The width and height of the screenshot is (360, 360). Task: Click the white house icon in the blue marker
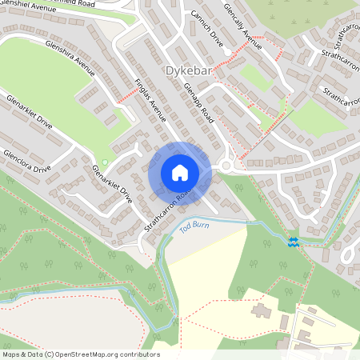coord(179,173)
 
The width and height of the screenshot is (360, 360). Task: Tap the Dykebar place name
coord(188,71)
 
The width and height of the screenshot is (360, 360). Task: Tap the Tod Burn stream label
coord(196,226)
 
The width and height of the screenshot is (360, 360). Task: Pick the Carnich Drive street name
coord(207,27)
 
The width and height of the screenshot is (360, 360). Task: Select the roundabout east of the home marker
coord(226,166)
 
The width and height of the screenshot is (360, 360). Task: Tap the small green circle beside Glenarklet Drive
coord(104,162)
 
